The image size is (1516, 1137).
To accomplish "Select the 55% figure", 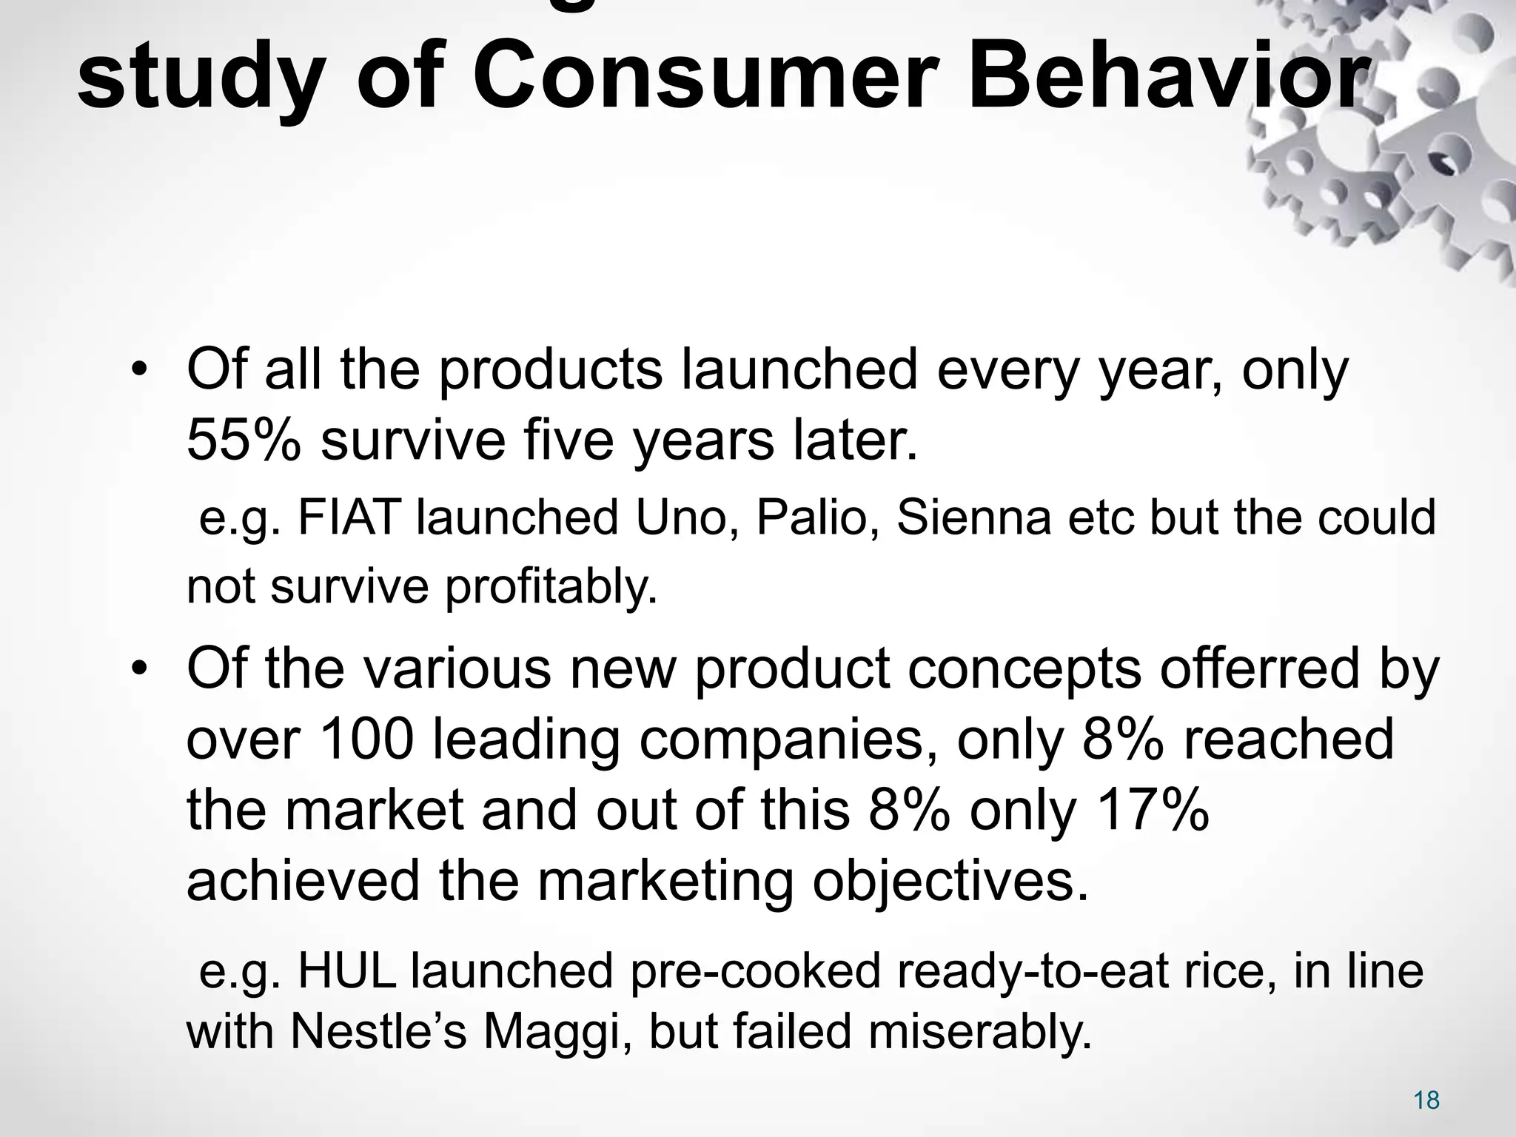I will point(244,440).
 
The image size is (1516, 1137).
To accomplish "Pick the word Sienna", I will point(973,517).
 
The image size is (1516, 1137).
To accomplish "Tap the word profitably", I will point(551,587).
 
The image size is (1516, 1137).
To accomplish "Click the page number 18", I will point(1426,1100).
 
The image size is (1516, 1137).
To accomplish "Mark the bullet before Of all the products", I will point(138,370).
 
